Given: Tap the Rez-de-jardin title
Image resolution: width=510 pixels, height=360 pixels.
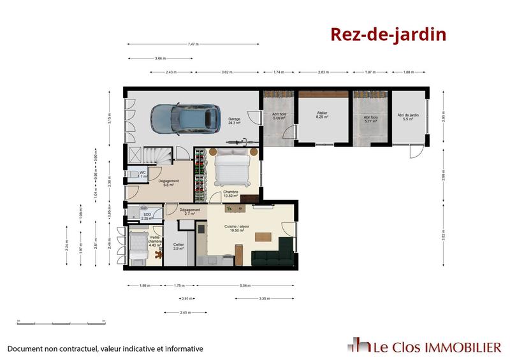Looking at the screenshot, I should point(388,34).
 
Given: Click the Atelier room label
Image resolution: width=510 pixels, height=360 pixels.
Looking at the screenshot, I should point(323,115).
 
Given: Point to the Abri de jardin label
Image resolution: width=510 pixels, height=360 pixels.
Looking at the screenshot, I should point(409,117).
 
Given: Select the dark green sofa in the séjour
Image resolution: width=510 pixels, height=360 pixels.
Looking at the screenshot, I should point(272,257).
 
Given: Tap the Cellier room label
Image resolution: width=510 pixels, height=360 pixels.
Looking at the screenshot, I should point(179,245).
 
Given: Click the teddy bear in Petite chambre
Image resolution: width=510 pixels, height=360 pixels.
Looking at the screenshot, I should point(157,255).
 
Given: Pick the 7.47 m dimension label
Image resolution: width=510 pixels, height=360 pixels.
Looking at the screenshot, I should point(193,44).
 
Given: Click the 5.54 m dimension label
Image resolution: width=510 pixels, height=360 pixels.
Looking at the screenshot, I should point(244,285).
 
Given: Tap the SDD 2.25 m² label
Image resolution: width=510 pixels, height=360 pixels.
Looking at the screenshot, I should point(147,217).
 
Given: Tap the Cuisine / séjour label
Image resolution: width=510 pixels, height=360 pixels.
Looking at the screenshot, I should point(236,227).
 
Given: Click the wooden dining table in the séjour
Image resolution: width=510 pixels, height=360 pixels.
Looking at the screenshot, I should point(263,237).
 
